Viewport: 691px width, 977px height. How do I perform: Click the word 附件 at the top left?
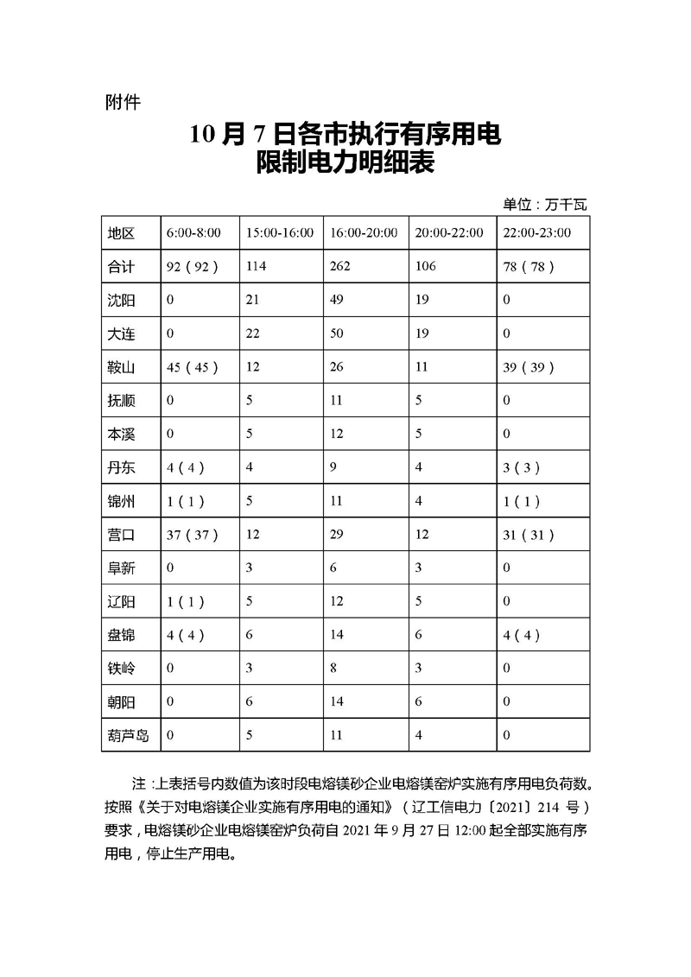(122, 103)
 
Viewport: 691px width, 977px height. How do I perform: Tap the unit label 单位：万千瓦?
(544, 205)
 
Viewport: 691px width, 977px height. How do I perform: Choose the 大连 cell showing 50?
(337, 333)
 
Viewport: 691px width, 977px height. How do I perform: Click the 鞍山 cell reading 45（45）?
(191, 367)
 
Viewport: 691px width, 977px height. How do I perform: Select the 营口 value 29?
(337, 535)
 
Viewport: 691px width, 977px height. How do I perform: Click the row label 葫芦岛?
(128, 736)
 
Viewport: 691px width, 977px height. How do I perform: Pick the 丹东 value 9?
(333, 467)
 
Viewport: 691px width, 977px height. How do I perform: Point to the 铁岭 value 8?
(333, 669)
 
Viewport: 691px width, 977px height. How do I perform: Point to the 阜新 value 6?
(333, 568)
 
